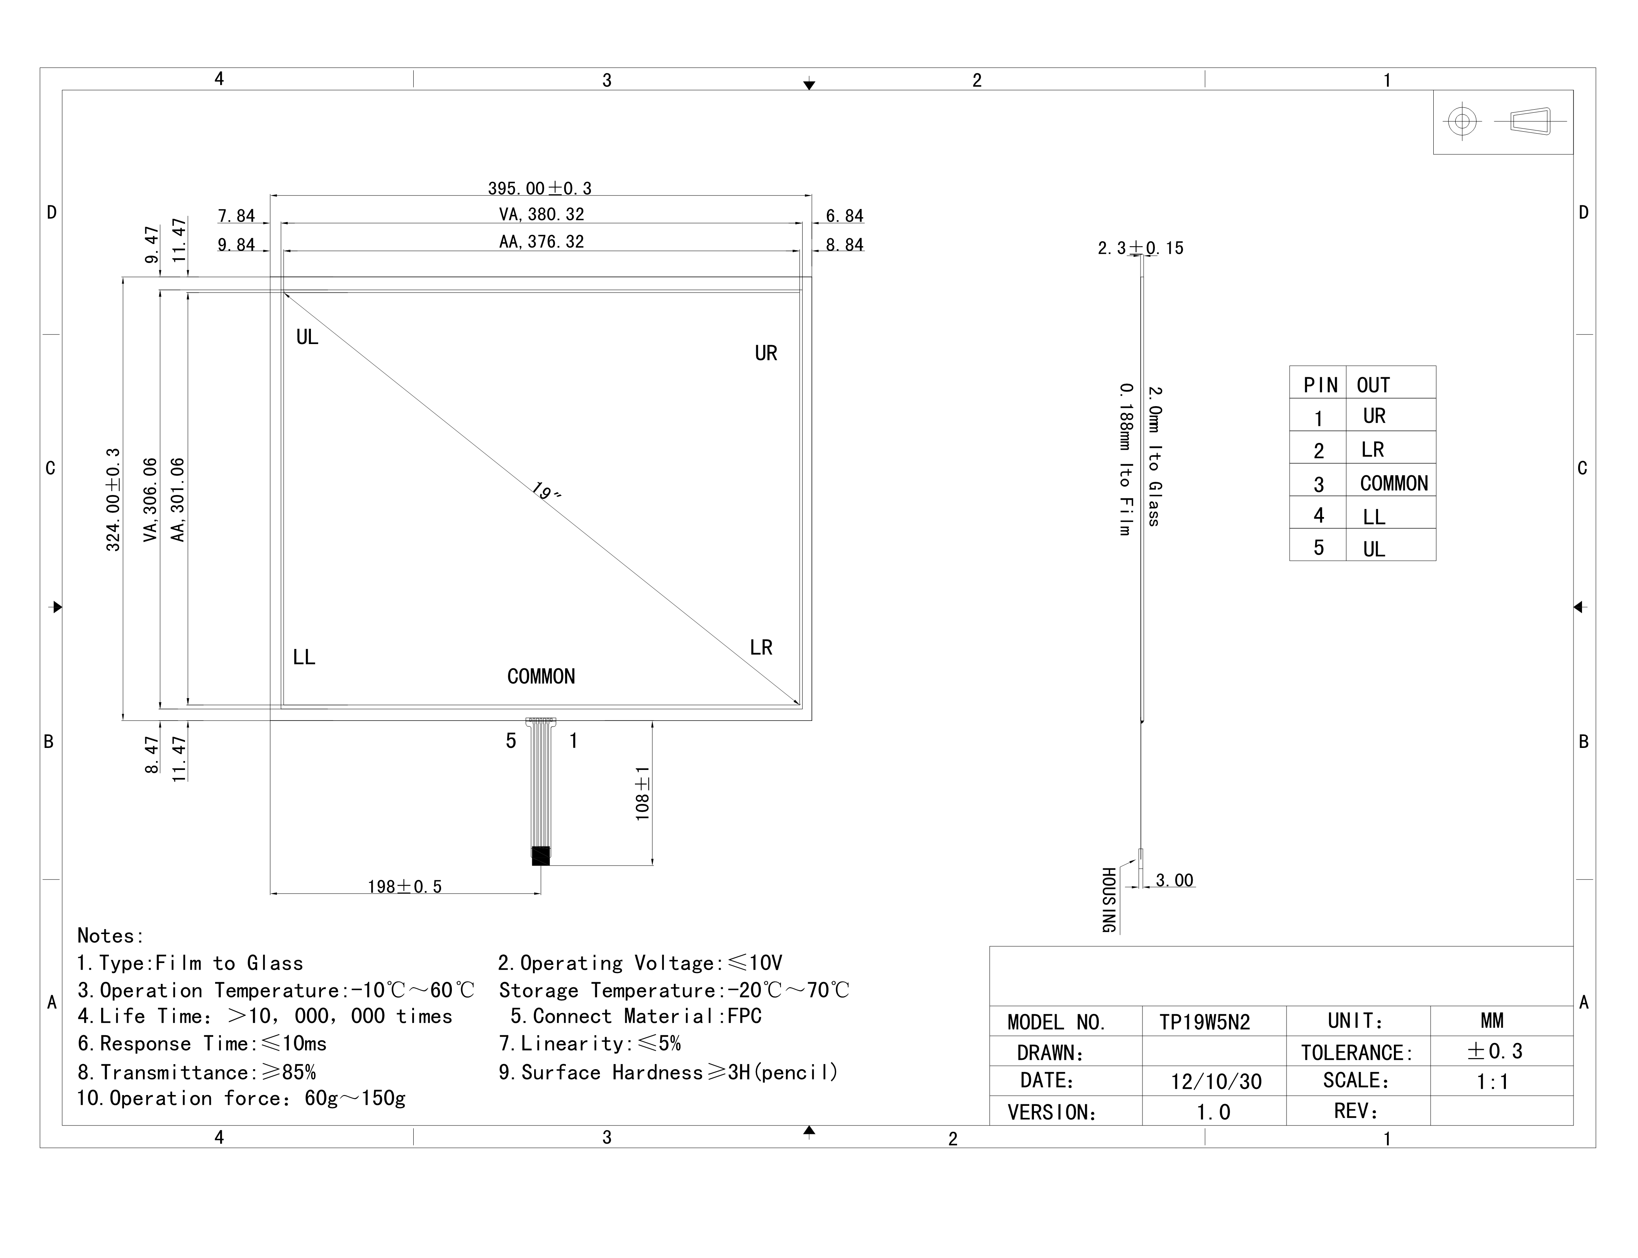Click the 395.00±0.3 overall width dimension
point(539,188)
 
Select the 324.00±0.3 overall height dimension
point(113,500)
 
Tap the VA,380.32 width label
point(541,214)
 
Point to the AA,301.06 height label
point(178,500)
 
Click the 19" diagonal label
point(546,492)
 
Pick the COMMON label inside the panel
point(541,676)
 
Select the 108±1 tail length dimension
point(643,793)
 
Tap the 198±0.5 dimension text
point(404,887)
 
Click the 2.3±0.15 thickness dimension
point(1141,248)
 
